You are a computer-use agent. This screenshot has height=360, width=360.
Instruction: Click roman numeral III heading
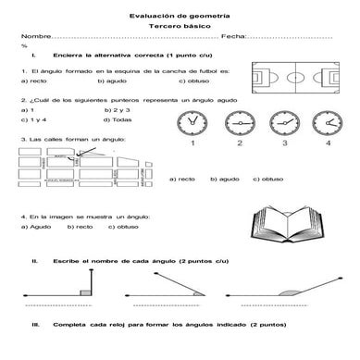click(35, 325)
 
